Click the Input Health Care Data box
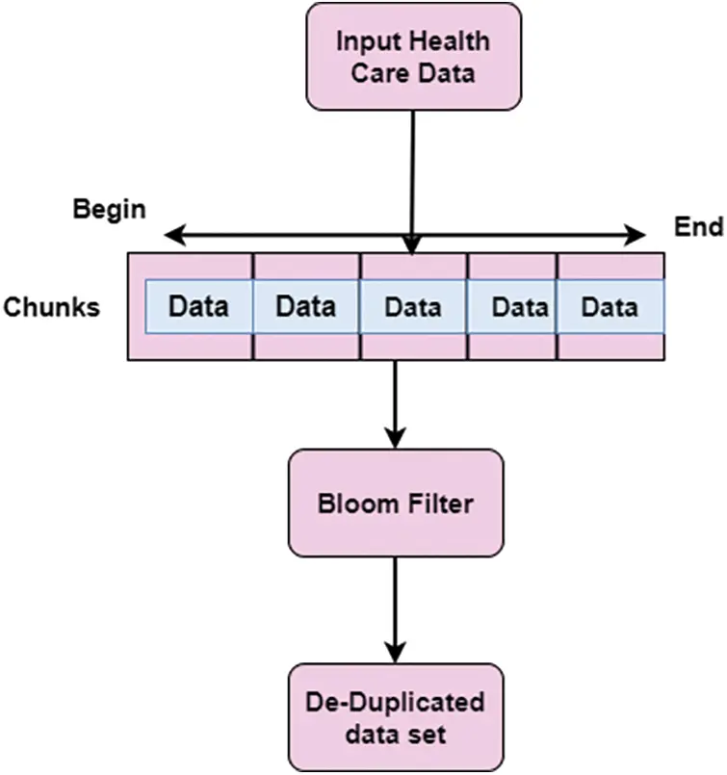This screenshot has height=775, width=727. tap(413, 57)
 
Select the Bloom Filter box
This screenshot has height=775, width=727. tap(396, 504)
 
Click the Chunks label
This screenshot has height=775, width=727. tap(51, 308)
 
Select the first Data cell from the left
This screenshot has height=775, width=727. tap(199, 307)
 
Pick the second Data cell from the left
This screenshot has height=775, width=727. tap(306, 307)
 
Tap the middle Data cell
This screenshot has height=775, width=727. tap(413, 307)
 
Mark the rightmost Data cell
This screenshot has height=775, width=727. tap(610, 307)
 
